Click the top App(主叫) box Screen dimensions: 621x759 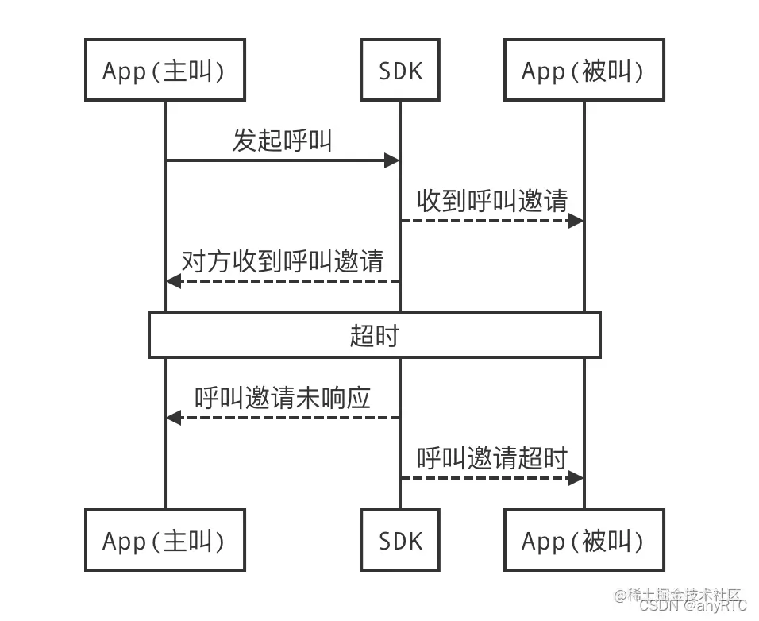[164, 71]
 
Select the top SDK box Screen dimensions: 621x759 [400, 71]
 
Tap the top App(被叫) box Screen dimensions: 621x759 [584, 71]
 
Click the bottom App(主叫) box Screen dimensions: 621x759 [164, 541]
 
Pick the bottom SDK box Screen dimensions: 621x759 [400, 541]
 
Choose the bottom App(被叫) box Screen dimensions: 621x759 [584, 541]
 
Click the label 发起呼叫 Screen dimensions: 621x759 [282, 141]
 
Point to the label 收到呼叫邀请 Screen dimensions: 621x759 [492, 201]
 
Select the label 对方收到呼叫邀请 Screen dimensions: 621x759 [283, 260]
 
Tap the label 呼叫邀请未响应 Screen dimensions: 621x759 [283, 398]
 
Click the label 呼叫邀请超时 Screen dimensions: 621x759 [492, 457]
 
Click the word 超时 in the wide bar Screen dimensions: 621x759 [374, 335]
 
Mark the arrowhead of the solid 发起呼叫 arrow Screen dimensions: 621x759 [391, 160]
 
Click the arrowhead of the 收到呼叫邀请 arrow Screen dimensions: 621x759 [576, 221]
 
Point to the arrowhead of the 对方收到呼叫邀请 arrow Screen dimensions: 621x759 [173, 280]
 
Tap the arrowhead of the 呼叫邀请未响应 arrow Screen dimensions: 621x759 [173, 418]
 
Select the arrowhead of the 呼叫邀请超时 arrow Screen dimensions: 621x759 [576, 477]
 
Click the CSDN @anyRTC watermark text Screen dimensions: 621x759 [692, 606]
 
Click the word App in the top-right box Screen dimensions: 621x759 [543, 71]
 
